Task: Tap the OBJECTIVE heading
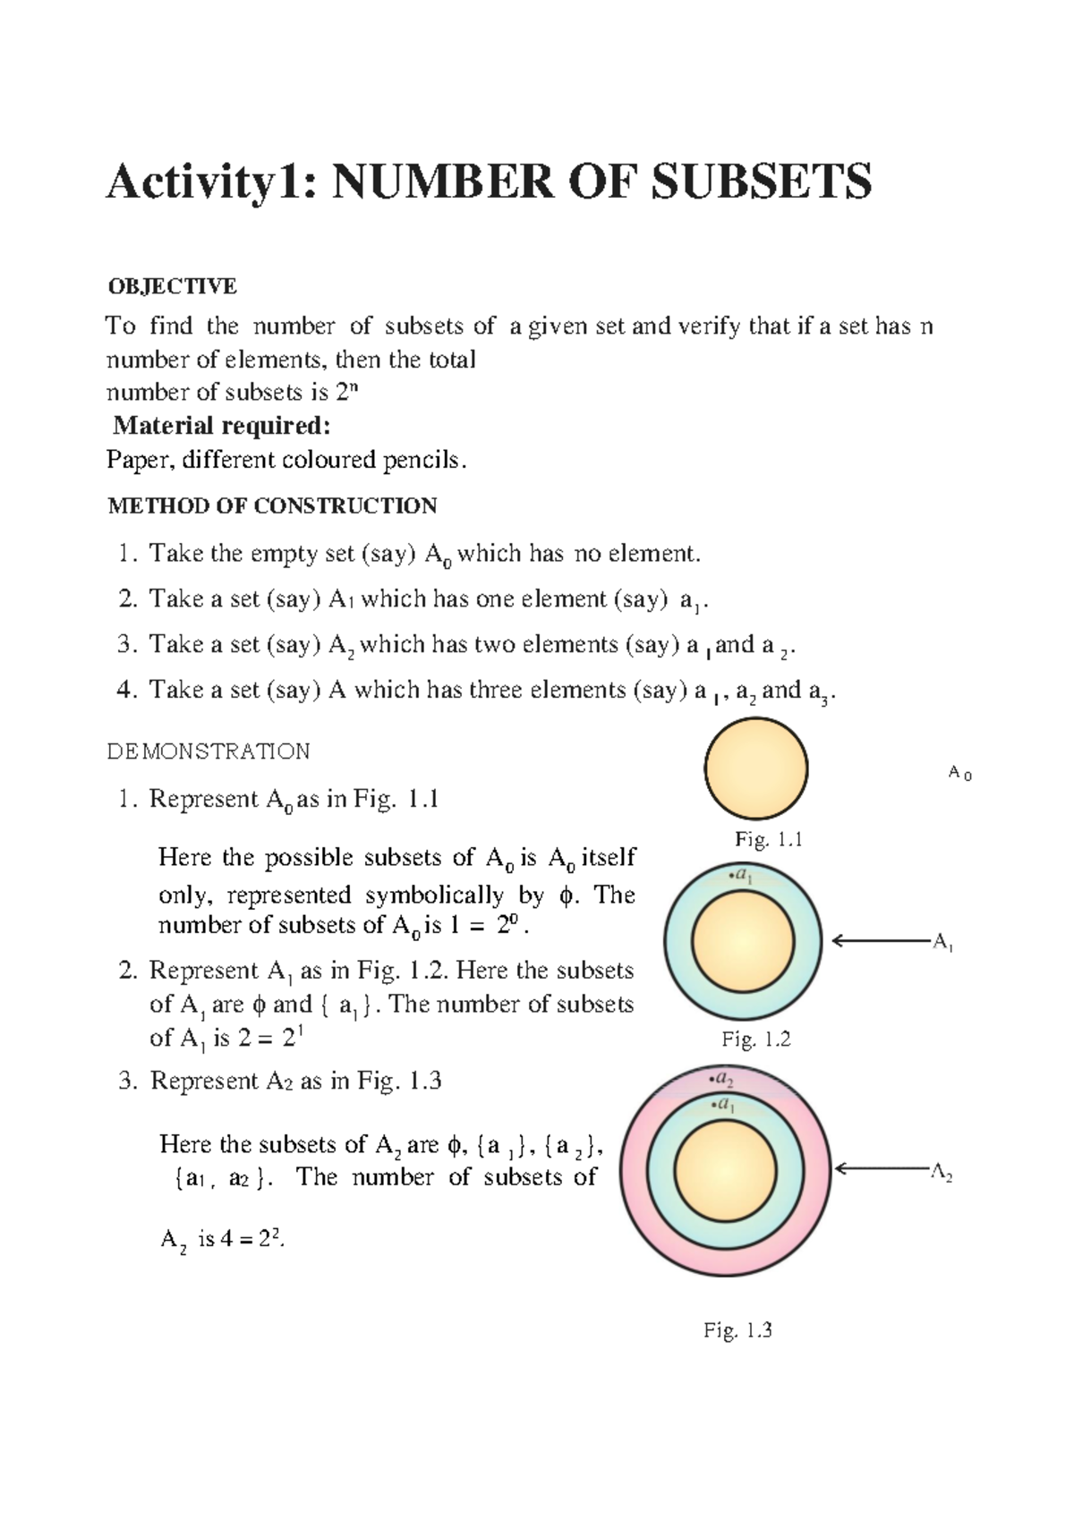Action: (172, 286)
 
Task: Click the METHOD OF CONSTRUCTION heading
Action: (272, 506)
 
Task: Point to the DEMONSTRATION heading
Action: (209, 751)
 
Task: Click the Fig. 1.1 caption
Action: (768, 839)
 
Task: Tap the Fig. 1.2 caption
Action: (756, 1040)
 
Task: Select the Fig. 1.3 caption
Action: (737, 1330)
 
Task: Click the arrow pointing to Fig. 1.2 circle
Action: (882, 940)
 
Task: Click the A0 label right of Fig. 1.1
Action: (959, 774)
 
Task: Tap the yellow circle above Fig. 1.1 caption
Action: (756, 768)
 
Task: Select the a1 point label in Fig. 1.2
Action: (740, 877)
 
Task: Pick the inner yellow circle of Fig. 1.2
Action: (744, 943)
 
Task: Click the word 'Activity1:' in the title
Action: (211, 182)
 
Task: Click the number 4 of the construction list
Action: (125, 690)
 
